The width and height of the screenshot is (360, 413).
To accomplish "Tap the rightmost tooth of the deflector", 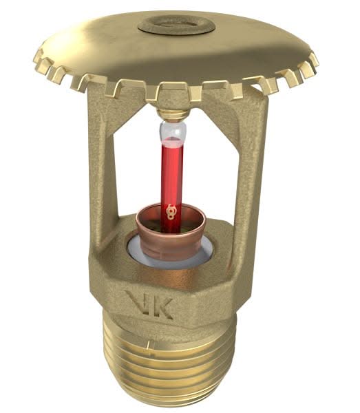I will coord(315,61).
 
